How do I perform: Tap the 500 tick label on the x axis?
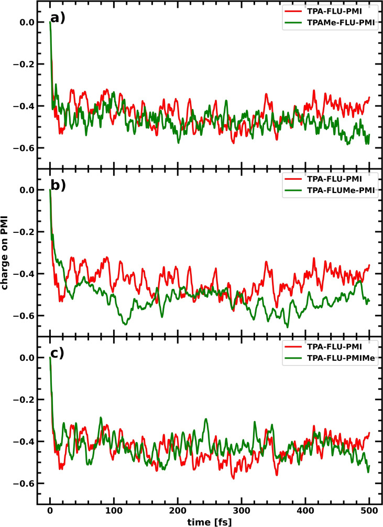pos(369,510)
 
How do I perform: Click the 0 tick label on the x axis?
pos(50,510)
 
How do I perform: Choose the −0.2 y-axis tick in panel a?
pos(23,64)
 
